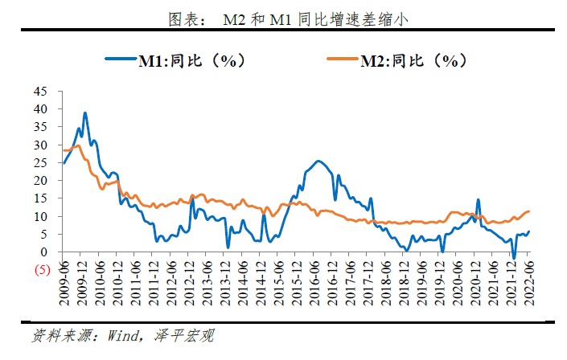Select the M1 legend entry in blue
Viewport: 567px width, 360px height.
(x=174, y=60)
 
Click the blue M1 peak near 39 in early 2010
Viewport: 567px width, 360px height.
(x=85, y=113)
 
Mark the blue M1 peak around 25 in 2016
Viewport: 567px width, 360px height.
(x=318, y=161)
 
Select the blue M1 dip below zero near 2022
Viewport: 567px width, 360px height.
(x=514, y=258)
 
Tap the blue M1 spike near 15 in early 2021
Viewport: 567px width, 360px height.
(x=479, y=200)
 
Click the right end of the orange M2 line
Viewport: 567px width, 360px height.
(x=529, y=211)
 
